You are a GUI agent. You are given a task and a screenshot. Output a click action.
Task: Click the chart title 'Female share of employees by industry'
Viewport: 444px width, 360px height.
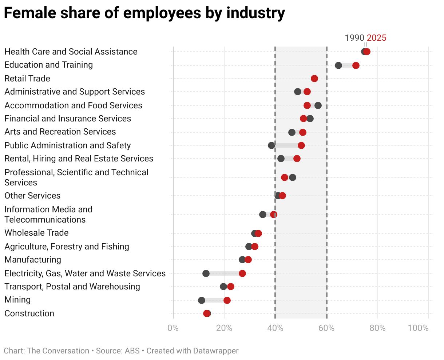click(x=144, y=13)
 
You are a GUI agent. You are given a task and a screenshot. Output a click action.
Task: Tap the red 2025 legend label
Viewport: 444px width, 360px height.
click(x=376, y=38)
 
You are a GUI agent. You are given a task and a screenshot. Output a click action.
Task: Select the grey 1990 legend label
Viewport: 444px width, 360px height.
click(x=354, y=38)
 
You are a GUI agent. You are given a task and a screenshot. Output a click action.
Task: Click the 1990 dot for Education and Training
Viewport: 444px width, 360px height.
click(x=338, y=65)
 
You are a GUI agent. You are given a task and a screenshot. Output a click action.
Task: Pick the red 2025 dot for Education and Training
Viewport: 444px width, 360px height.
click(x=356, y=65)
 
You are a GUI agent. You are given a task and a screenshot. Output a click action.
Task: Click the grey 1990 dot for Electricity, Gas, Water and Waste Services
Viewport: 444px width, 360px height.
click(x=206, y=273)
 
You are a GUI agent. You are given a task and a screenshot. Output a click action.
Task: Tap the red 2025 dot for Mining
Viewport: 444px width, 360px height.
click(x=227, y=300)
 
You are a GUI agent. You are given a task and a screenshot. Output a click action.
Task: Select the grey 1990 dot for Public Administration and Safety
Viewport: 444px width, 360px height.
click(x=271, y=145)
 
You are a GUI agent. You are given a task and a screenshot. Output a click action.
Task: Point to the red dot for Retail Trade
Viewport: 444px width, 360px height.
click(x=314, y=79)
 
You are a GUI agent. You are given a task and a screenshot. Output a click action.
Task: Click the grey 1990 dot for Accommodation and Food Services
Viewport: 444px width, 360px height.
click(x=318, y=105)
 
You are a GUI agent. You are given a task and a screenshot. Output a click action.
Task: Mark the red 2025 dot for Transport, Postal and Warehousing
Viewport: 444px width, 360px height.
click(x=231, y=287)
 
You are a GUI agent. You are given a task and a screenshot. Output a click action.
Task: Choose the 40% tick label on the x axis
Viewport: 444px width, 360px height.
click(x=275, y=328)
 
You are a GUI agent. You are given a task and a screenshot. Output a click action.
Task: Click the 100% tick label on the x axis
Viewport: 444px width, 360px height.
click(x=418, y=328)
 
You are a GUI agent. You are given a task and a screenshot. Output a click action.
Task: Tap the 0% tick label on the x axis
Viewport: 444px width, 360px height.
click(x=173, y=328)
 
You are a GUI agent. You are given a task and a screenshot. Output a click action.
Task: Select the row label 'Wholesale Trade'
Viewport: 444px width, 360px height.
click(x=36, y=233)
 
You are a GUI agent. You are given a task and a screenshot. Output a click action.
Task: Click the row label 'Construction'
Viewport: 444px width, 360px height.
click(x=29, y=313)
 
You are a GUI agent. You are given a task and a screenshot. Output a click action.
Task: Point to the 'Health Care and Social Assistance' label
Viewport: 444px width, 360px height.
click(x=71, y=52)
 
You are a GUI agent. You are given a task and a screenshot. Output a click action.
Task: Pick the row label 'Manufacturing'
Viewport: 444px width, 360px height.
click(x=33, y=260)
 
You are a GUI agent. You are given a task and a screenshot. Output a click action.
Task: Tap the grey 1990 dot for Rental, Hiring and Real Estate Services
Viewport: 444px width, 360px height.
click(x=281, y=159)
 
